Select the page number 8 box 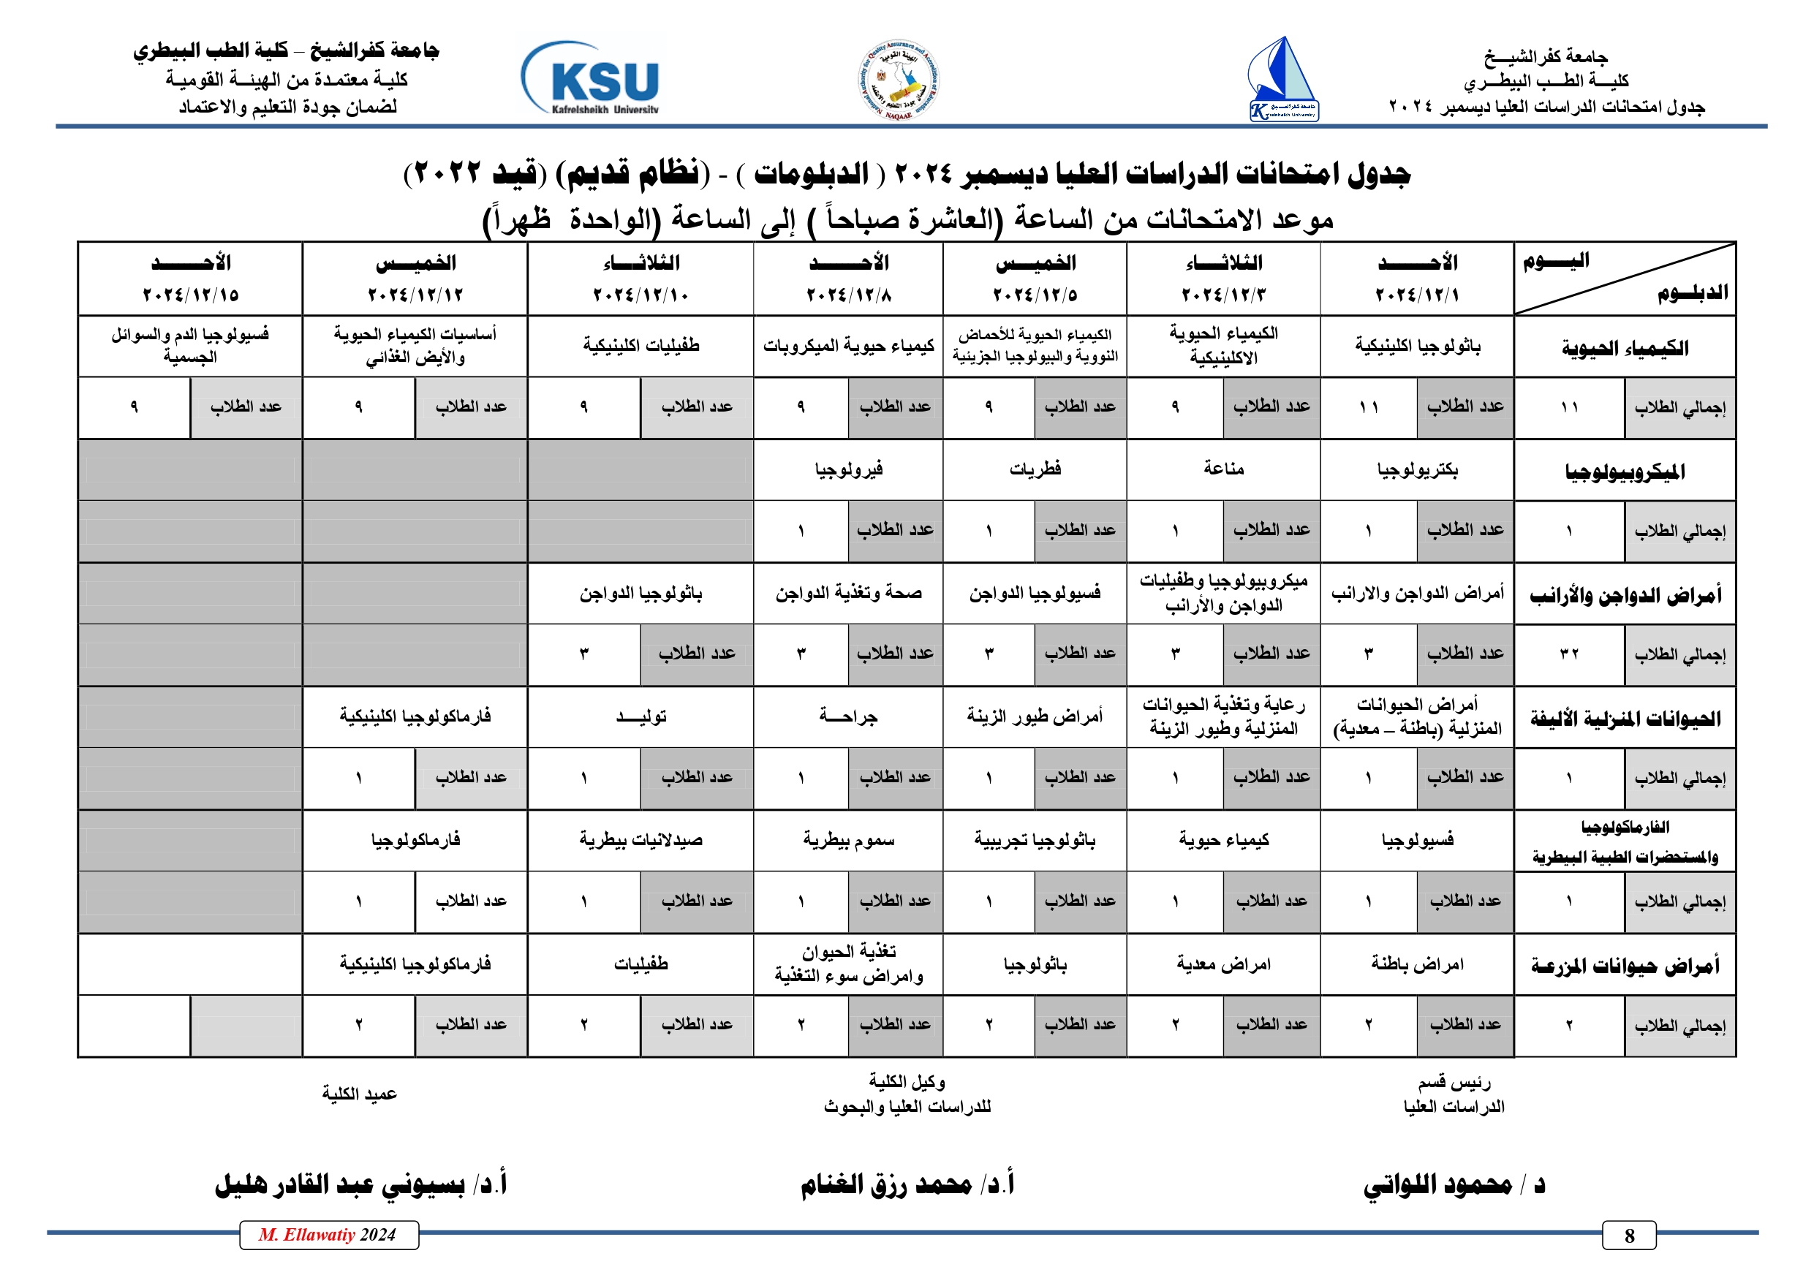pyautogui.click(x=1629, y=1235)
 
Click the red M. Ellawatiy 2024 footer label pyautogui.click(x=328, y=1235)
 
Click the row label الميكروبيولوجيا pyautogui.click(x=1625, y=472)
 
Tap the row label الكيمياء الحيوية pyautogui.click(x=1625, y=347)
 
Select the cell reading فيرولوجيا pyautogui.click(x=849, y=470)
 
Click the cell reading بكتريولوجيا pyautogui.click(x=1418, y=470)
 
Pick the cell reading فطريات pyautogui.click(x=1035, y=469)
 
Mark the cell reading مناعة pyautogui.click(x=1223, y=469)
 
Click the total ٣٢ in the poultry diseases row pyautogui.click(x=1569, y=654)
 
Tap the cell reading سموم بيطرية pyautogui.click(x=849, y=840)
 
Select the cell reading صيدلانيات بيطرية pyautogui.click(x=640, y=840)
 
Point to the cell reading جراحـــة pyautogui.click(x=849, y=716)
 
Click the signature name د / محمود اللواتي pyautogui.click(x=1454, y=1185)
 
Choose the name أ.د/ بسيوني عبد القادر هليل pyautogui.click(x=360, y=1185)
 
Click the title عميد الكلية pyautogui.click(x=360, y=1094)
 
